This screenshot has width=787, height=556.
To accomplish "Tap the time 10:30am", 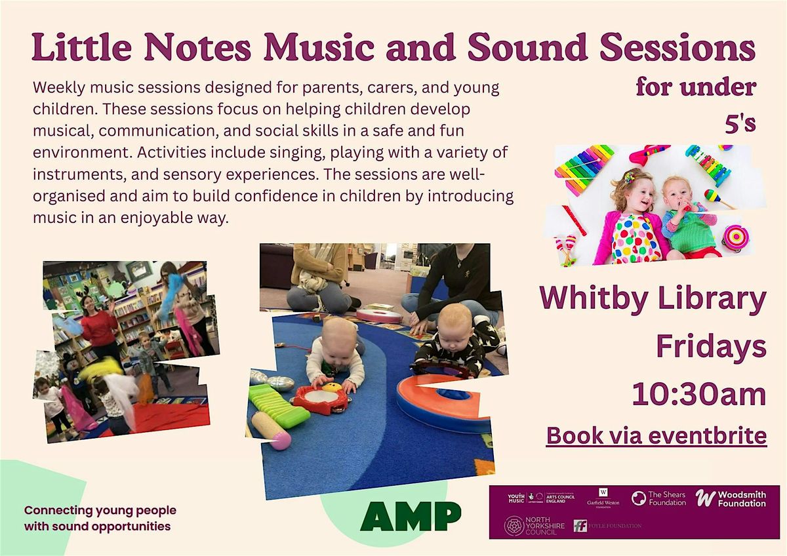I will pyautogui.click(x=699, y=395).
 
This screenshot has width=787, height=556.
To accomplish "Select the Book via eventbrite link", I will pyautogui.click(x=656, y=435).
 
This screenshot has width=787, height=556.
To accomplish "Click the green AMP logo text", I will pyautogui.click(x=411, y=517).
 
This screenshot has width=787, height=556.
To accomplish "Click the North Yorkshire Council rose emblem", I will pyautogui.click(x=514, y=525).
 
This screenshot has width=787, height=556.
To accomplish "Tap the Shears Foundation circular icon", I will pyautogui.click(x=638, y=498).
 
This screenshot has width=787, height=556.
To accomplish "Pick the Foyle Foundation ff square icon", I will pyautogui.click(x=580, y=526).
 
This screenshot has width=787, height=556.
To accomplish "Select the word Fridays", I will pyautogui.click(x=711, y=347).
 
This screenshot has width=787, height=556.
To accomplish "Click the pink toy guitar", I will pyautogui.click(x=647, y=153).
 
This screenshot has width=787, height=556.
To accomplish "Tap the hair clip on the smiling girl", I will pyautogui.click(x=630, y=176).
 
